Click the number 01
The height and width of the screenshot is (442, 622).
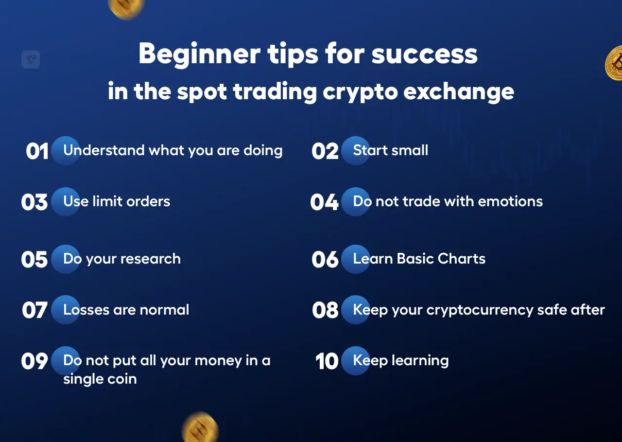coord(37,151)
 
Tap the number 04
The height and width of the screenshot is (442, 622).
coord(324,202)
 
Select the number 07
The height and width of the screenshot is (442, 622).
coord(35,310)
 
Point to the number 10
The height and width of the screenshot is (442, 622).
coord(327,361)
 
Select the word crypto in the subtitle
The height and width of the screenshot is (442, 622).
coord(360,92)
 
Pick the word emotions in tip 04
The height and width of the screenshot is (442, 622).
coord(510,201)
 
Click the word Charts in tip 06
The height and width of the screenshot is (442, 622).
coord(462,258)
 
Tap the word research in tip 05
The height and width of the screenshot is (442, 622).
coord(151,259)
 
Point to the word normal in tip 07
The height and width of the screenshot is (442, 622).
coord(164,310)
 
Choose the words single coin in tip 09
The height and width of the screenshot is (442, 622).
coord(100,379)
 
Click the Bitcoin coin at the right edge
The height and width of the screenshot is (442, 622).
coord(614,63)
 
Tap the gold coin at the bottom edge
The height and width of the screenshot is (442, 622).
coord(200,428)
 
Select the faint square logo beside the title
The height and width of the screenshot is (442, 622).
coord(31,59)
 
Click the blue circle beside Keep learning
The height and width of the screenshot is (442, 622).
coord(355,361)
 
